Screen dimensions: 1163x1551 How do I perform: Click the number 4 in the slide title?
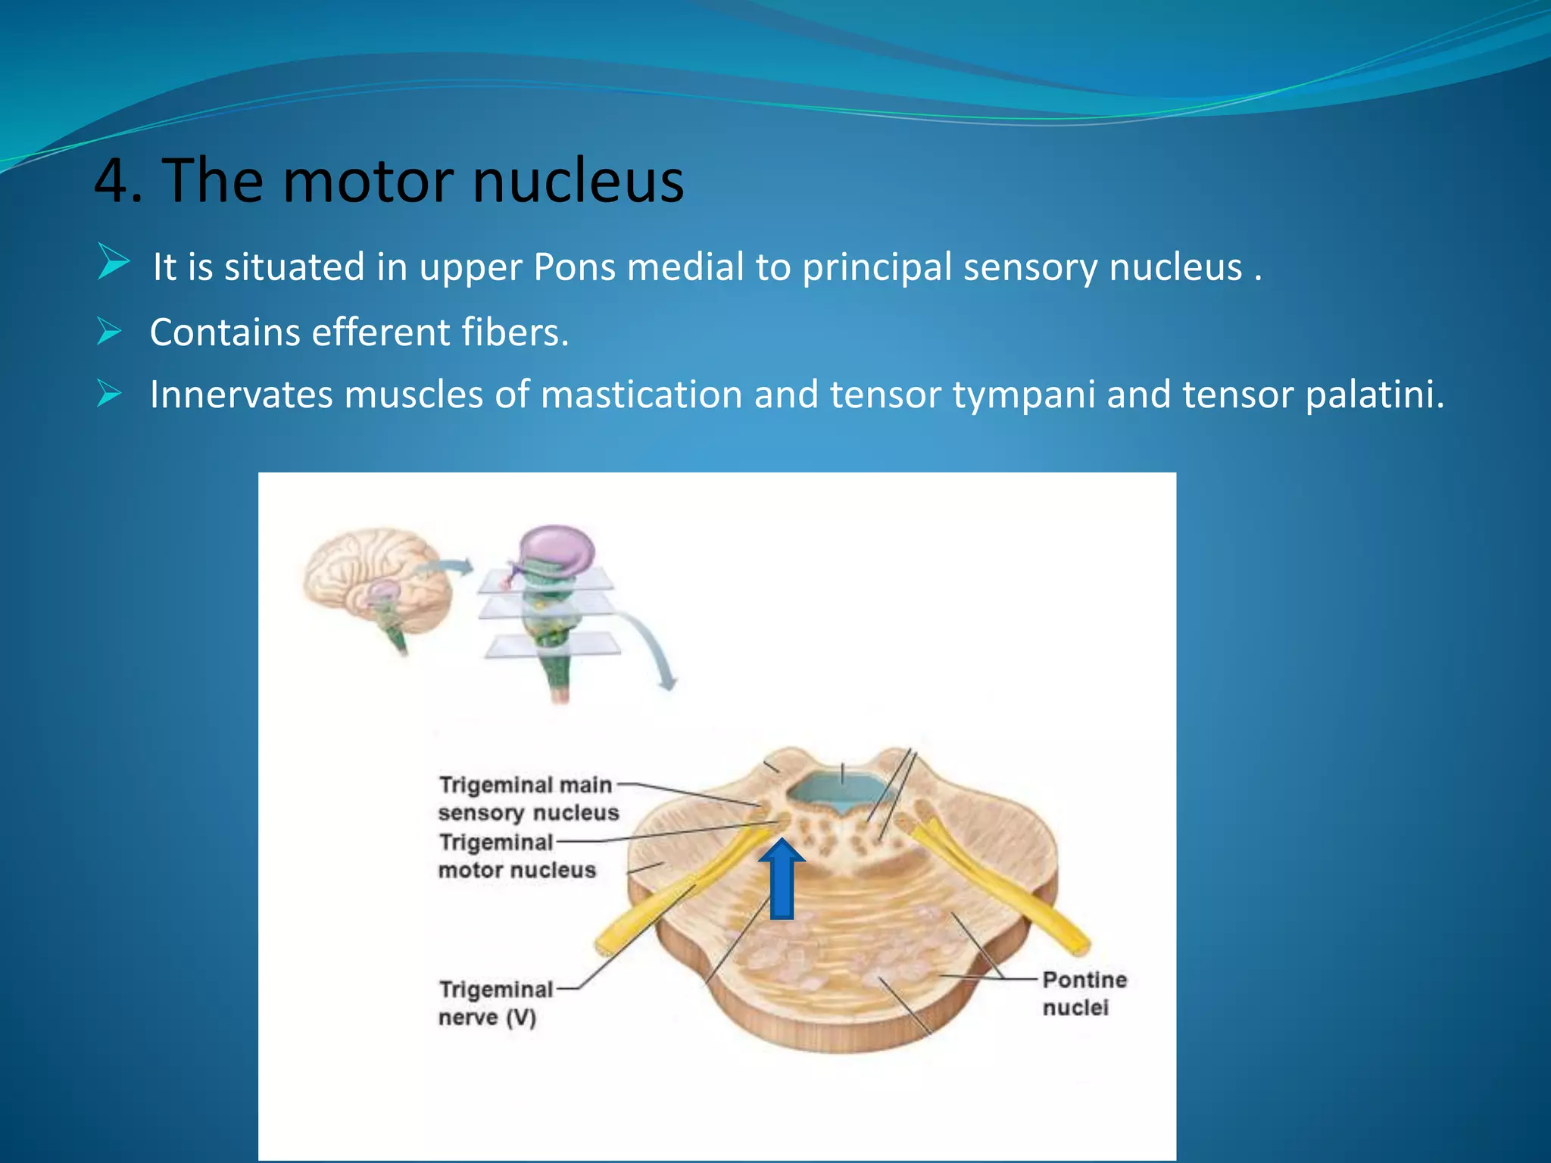[x=114, y=182]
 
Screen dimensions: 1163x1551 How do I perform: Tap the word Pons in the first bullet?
[x=574, y=267]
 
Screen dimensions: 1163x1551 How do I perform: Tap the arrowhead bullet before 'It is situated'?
[x=114, y=262]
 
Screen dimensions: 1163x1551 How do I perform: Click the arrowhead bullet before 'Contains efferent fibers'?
[x=109, y=331]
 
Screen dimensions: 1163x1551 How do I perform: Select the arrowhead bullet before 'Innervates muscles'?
[x=109, y=393]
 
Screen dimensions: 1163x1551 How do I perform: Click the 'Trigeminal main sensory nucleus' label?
[x=528, y=798]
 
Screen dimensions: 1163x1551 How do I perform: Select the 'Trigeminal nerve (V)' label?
[x=495, y=1002]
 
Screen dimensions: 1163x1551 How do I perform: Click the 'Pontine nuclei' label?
[x=1084, y=993]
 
